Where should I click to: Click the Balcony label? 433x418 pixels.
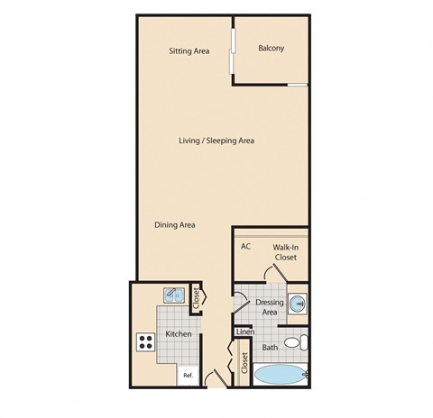(x=271, y=49)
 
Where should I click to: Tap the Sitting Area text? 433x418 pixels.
(x=189, y=51)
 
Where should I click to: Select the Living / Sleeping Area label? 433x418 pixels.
(x=216, y=141)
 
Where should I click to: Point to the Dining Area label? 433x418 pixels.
(x=175, y=225)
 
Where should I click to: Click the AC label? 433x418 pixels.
(x=245, y=246)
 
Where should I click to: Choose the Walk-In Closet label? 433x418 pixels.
(x=285, y=251)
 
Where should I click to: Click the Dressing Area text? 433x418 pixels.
(x=270, y=306)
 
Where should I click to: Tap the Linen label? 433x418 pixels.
(x=244, y=332)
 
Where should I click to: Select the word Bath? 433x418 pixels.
(x=270, y=347)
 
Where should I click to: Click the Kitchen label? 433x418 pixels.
(x=178, y=334)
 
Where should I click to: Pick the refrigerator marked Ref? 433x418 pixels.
(x=189, y=374)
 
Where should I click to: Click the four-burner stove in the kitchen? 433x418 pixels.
(x=146, y=341)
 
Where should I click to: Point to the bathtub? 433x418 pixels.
(x=281, y=375)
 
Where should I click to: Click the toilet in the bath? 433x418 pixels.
(x=299, y=342)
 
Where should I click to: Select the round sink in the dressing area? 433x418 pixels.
(x=298, y=302)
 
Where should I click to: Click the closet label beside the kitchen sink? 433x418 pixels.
(x=197, y=299)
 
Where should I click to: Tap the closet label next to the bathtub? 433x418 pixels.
(x=244, y=362)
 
